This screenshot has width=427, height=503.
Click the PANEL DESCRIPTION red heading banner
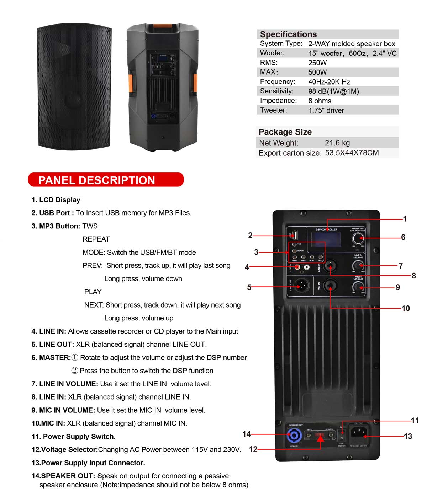coord(106,180)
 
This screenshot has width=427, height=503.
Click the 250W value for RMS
coord(317,63)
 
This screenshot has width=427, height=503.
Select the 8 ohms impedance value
coord(320,101)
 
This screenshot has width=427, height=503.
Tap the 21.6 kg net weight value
coord(337,143)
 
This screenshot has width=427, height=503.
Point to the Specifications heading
coord(288,34)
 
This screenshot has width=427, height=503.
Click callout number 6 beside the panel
coord(403,237)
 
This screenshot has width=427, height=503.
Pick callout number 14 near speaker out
coord(246,434)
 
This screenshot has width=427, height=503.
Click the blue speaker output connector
coord(294,435)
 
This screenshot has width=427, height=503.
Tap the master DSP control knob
coord(358,238)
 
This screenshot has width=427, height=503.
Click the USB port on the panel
coord(295,235)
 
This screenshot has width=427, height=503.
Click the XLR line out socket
coord(302,285)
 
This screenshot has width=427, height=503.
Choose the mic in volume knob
coord(358,287)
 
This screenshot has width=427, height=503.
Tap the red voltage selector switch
coord(320,435)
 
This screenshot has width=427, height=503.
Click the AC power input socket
coord(359,433)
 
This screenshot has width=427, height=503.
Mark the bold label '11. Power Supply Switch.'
coord(73,437)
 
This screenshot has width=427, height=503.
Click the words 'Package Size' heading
coord(285,132)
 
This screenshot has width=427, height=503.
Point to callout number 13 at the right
coord(408,436)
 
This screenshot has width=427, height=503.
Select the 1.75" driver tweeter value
coord(326,110)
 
